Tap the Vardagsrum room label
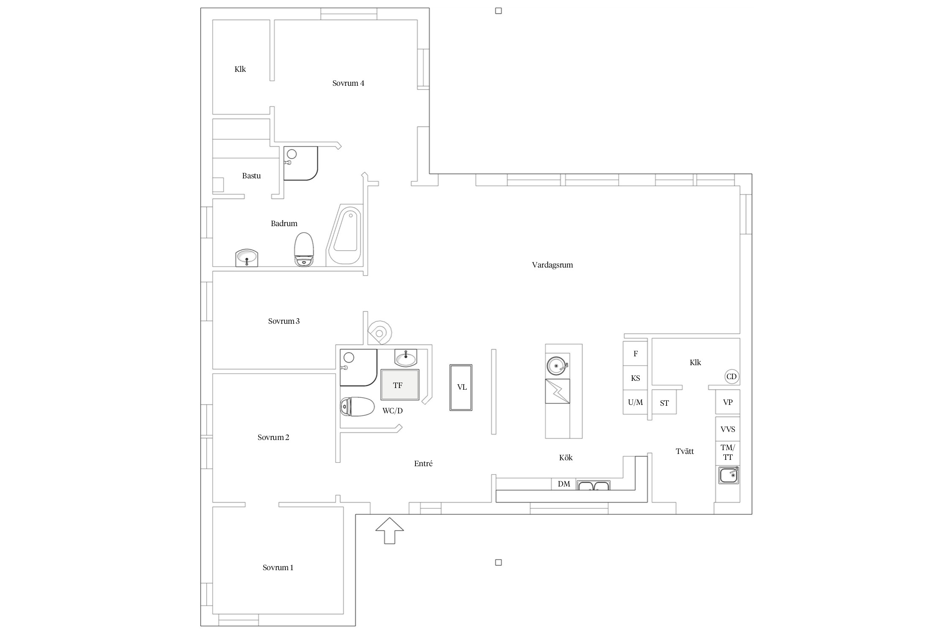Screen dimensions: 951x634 tap(552, 265)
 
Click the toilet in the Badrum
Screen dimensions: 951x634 tap(304, 249)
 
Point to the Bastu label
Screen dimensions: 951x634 tap(251, 176)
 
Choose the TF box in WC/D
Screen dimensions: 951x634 tap(400, 385)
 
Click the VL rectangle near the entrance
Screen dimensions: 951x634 tap(461, 387)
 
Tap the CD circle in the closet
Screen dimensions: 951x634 tap(731, 377)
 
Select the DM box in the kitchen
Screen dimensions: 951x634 tap(564, 484)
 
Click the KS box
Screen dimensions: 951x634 tap(635, 378)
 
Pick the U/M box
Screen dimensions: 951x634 tap(635, 402)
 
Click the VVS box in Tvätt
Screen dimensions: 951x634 tap(727, 429)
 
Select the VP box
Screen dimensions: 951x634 tap(727, 402)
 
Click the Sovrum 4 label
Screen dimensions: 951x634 tap(348, 83)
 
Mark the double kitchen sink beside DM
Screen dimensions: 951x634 tap(593, 485)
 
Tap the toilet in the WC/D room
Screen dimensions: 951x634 tap(357, 407)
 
